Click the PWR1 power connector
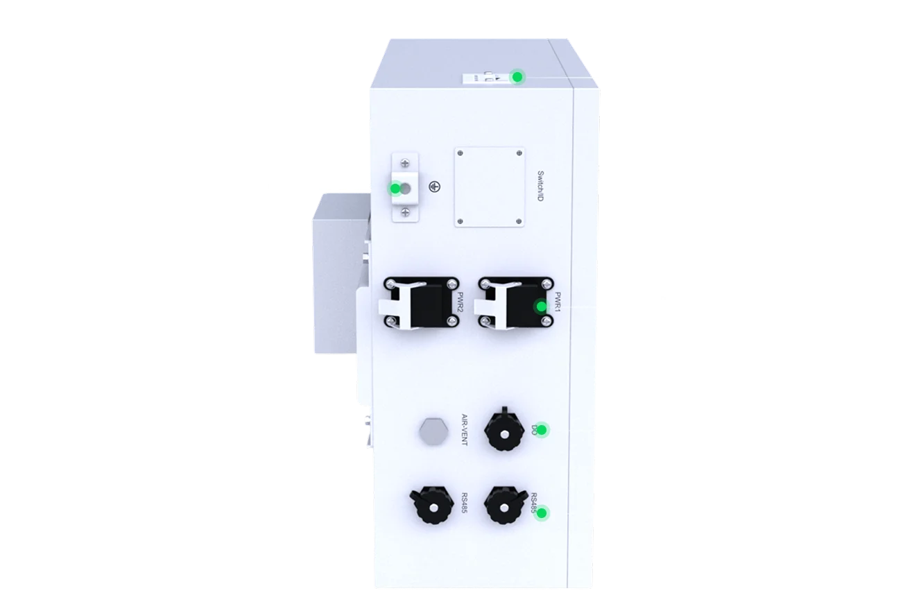[x=511, y=304]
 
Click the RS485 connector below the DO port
[x=506, y=508]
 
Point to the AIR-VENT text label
[x=465, y=430]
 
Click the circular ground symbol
[x=434, y=187]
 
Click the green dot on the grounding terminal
[x=395, y=189]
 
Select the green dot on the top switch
[x=517, y=77]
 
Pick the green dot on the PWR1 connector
[x=541, y=307]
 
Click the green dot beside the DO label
[x=542, y=430]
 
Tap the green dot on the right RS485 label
[x=542, y=513]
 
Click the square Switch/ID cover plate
[x=490, y=186]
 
